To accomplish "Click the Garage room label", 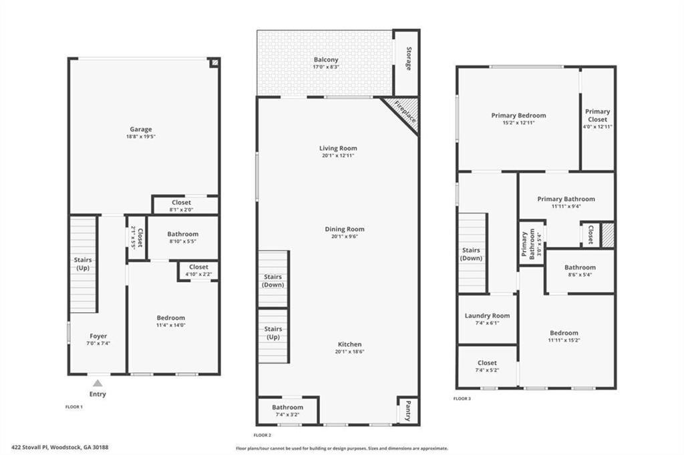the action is (x=141, y=129).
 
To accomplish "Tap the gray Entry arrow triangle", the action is (x=98, y=383).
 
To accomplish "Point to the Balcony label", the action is (x=326, y=59).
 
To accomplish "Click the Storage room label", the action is (x=409, y=59).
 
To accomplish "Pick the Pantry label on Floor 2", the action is (x=408, y=411).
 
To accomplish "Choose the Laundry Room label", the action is (x=487, y=316).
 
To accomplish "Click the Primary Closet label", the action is (x=598, y=115).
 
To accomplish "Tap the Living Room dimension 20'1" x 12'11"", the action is (x=338, y=155).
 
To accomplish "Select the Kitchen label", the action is (x=350, y=344).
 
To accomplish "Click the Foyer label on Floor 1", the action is (x=98, y=336).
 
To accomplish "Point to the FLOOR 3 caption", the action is (x=462, y=398).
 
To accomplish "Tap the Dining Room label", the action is (x=345, y=229).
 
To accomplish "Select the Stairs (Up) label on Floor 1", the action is (x=83, y=264).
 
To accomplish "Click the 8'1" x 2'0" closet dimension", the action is (x=181, y=209).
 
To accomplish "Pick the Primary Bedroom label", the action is (x=518, y=115).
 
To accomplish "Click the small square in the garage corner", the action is (x=214, y=63).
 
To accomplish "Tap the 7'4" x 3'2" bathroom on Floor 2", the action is (x=287, y=410).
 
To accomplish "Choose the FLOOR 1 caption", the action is (x=74, y=406).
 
